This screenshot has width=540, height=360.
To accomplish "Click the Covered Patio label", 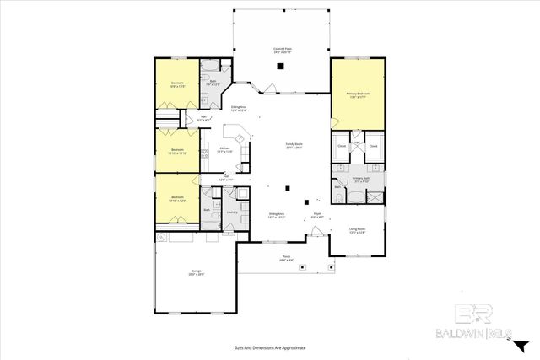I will coord(282,51).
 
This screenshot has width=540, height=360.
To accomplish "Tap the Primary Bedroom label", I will coord(358,94).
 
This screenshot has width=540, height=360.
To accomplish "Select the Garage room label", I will coord(197,272).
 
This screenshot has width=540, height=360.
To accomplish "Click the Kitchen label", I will coord(225,149).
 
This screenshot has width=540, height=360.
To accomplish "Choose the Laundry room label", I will coord(231,212).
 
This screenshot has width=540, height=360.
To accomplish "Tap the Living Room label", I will coord(357,230).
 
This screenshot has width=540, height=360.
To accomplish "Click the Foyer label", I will coord(318,216).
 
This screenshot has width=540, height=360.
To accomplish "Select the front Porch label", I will coord(286,258).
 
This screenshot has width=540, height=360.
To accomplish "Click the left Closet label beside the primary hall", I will coord(342,146).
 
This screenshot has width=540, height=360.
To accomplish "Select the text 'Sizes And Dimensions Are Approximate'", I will coord(269,347).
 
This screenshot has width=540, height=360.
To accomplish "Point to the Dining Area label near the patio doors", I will coord(239,109).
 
